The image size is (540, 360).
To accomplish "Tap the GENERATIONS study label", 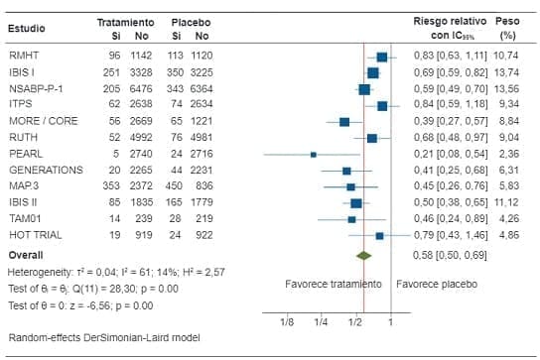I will (40, 170).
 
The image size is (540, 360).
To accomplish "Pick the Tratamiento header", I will (125, 20).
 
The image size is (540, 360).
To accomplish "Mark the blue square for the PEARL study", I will (313, 154).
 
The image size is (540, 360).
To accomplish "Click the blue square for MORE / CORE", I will (343, 121).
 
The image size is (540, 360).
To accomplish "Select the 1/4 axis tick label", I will (321, 322).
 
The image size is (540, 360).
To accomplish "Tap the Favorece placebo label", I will (436, 284).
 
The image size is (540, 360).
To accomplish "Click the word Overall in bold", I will (26, 255).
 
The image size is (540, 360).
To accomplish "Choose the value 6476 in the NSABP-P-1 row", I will (142, 88).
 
